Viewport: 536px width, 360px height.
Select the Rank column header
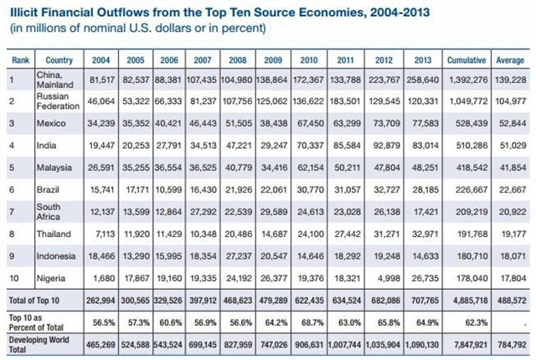tap(19, 60)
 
